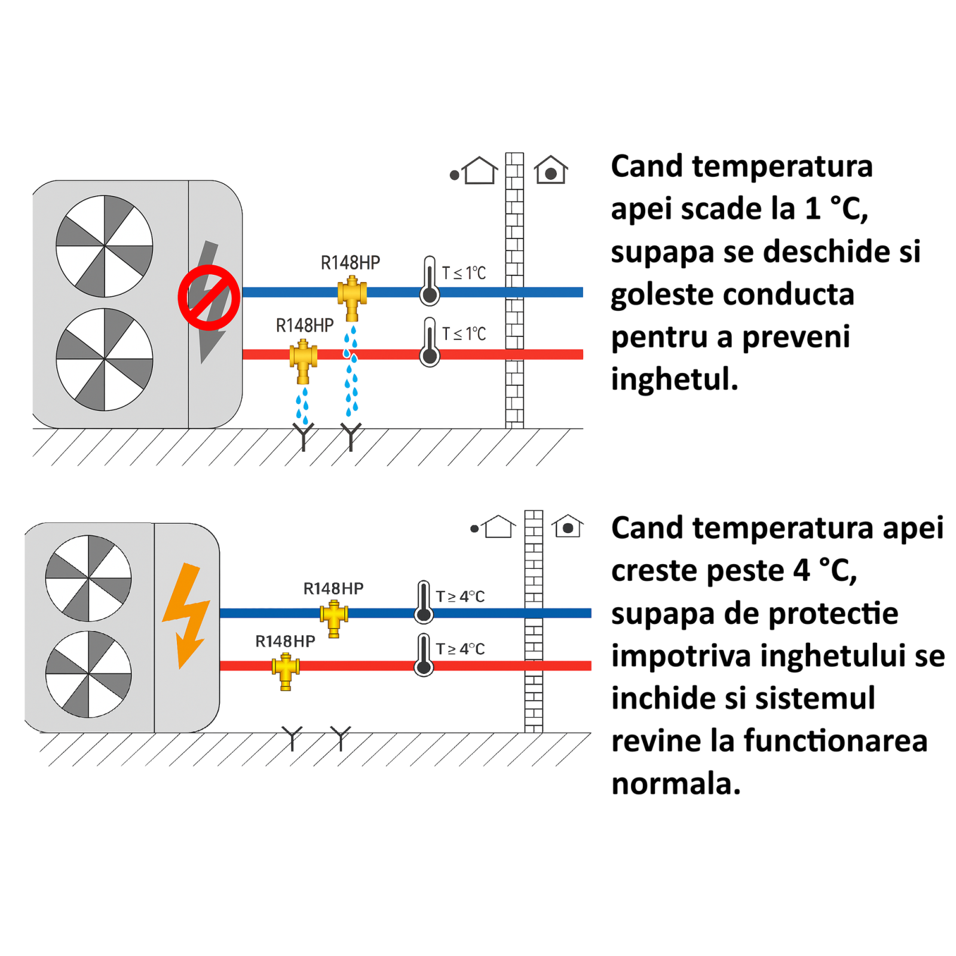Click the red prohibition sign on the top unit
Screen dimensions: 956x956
(209, 298)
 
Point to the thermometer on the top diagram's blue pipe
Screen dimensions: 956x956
(430, 281)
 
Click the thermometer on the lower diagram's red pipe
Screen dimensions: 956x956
(424, 655)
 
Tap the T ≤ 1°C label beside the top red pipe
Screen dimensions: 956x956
(464, 333)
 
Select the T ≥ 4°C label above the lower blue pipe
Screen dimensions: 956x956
(460, 596)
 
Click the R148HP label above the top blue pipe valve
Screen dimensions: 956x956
(350, 263)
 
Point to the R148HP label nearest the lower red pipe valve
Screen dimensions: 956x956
(285, 641)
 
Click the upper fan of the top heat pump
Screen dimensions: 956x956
(105, 246)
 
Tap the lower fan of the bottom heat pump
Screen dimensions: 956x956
(88, 674)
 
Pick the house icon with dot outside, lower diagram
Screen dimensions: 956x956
(495, 527)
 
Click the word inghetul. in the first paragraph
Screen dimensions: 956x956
(675, 380)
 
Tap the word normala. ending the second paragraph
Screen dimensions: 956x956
(676, 783)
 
